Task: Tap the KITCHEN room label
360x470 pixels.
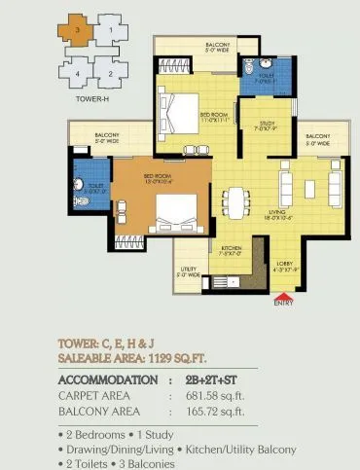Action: click(232, 250)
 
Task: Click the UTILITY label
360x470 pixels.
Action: click(188, 272)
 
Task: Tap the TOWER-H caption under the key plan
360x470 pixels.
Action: click(89, 99)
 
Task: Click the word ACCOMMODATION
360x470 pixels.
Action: click(109, 380)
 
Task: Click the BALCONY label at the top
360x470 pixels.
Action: click(218, 47)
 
